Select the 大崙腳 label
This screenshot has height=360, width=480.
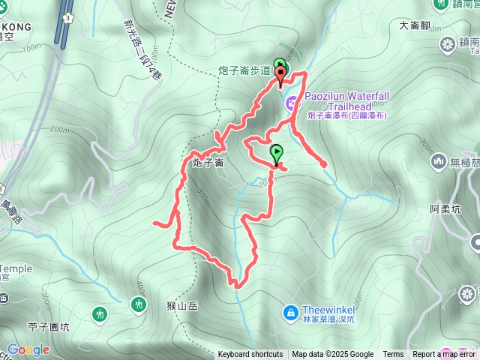tap(415, 25)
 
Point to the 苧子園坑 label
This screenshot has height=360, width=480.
tap(47, 326)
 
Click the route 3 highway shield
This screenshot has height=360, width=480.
tap(68, 16)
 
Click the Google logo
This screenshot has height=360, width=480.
tap(28, 349)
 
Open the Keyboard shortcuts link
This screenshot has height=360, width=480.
tap(250, 355)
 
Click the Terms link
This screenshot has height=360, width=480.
tap(393, 355)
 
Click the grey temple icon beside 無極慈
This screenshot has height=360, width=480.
tap(439, 161)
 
